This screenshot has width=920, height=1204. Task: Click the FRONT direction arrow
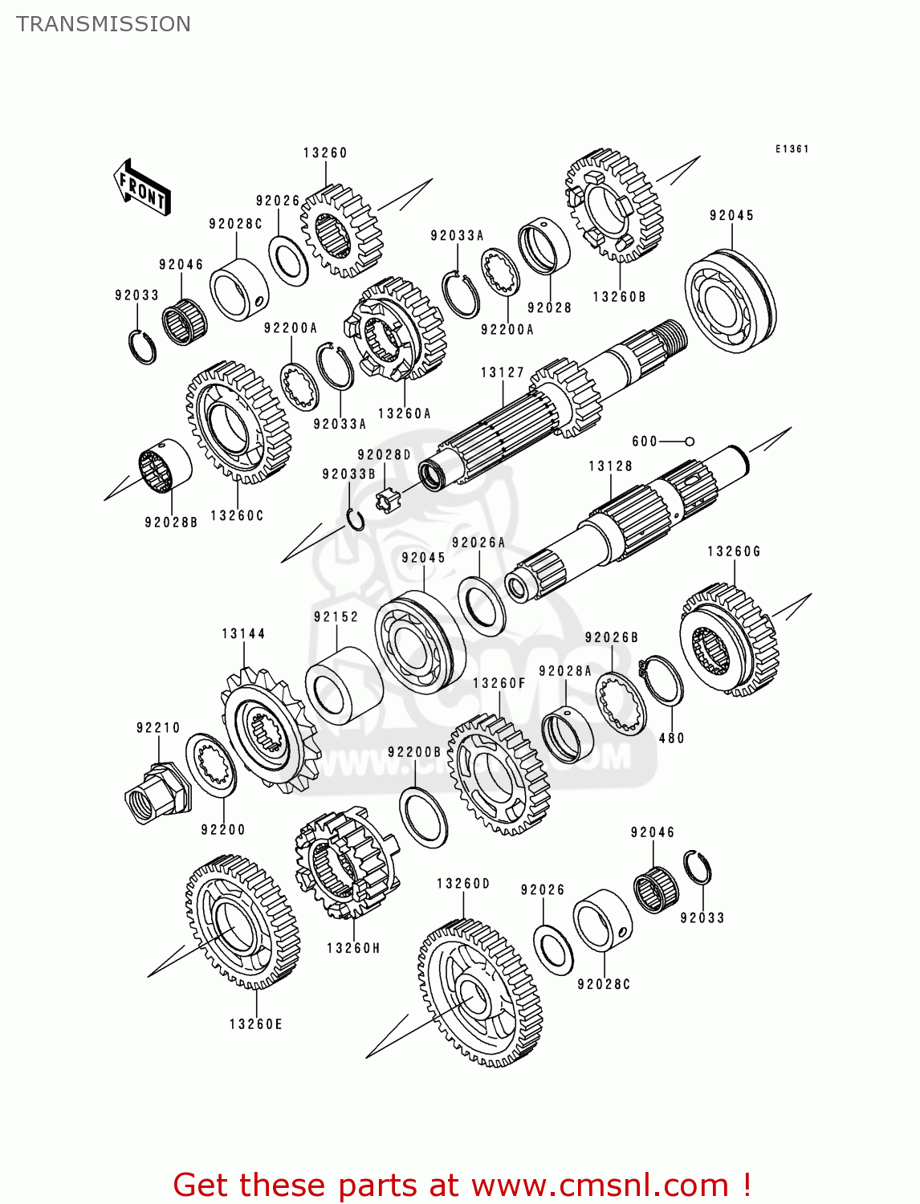[x=142, y=188]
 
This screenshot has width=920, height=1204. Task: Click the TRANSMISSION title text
[x=104, y=24]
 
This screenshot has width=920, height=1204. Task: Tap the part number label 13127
[x=502, y=372]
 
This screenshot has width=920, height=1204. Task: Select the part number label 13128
[x=610, y=466]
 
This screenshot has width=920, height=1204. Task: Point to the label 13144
[x=243, y=634]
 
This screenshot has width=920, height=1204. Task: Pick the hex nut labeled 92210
[x=159, y=791]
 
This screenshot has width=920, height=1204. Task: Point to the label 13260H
[x=353, y=949]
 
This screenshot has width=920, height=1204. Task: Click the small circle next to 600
[x=689, y=441]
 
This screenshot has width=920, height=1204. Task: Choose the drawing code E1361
[x=792, y=149]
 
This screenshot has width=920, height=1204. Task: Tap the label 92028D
[x=384, y=455]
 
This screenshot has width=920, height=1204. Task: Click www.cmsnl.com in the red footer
[x=599, y=1186]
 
